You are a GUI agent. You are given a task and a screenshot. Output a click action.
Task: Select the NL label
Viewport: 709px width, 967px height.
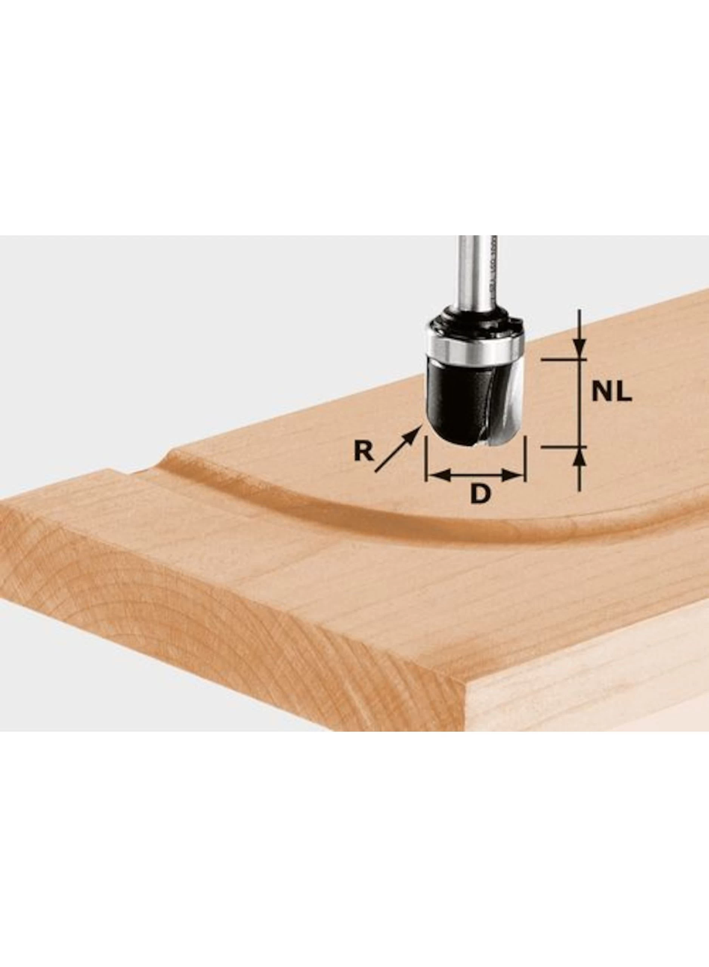pyautogui.click(x=612, y=392)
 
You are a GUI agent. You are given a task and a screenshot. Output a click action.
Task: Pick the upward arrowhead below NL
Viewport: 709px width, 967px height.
pyautogui.click(x=579, y=457)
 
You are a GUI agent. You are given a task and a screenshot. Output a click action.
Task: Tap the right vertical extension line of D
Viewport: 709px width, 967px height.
pyautogui.click(x=524, y=459)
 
